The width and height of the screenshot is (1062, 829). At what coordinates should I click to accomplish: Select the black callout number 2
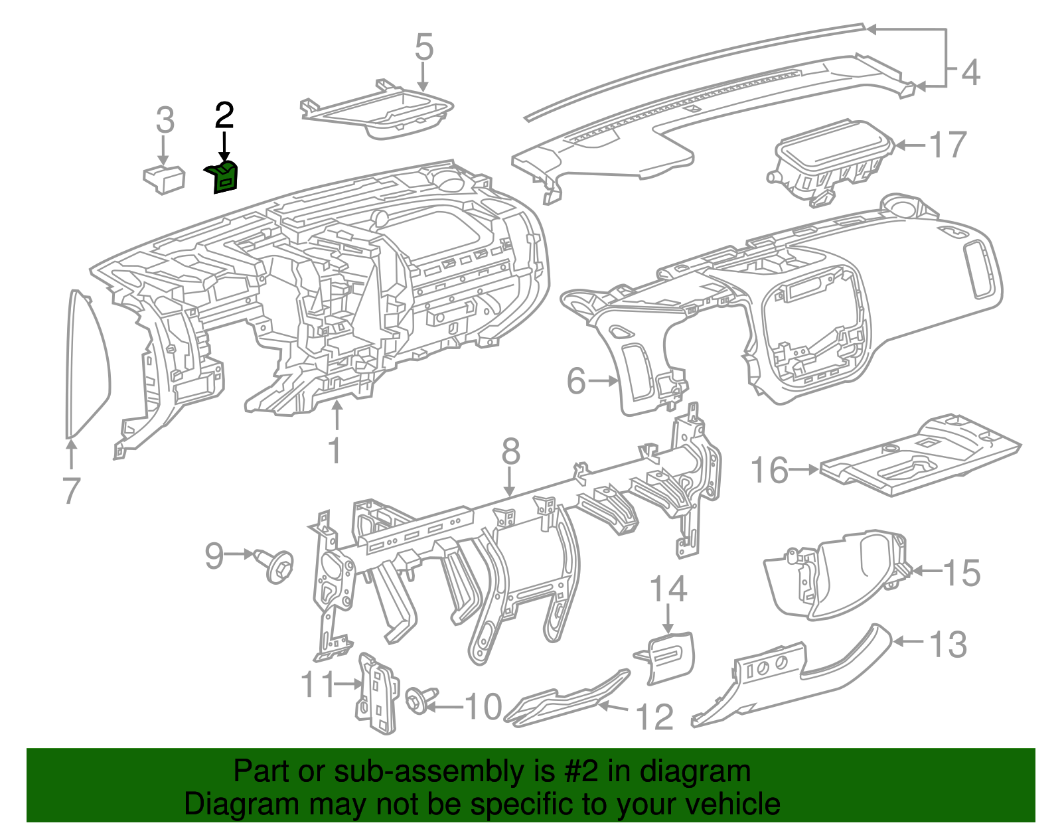point(224,116)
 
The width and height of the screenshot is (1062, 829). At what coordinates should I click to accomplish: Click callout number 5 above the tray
point(423,48)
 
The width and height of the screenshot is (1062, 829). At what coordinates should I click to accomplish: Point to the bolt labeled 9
point(278,566)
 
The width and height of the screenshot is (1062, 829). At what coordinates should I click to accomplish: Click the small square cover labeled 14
point(670,656)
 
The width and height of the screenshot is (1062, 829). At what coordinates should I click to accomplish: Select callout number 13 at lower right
point(948,644)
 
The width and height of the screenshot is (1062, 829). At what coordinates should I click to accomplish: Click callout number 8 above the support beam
point(510,453)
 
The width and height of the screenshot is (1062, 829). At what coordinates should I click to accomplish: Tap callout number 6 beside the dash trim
point(576,382)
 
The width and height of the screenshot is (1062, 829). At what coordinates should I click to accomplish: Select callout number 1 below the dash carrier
point(335,451)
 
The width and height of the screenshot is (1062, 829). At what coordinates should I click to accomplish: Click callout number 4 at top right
point(970,72)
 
